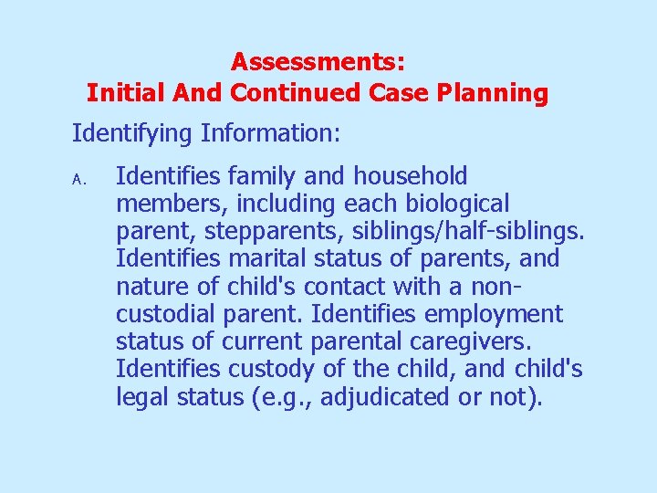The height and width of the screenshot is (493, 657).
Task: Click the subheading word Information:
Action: pyautogui.click(x=271, y=135)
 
